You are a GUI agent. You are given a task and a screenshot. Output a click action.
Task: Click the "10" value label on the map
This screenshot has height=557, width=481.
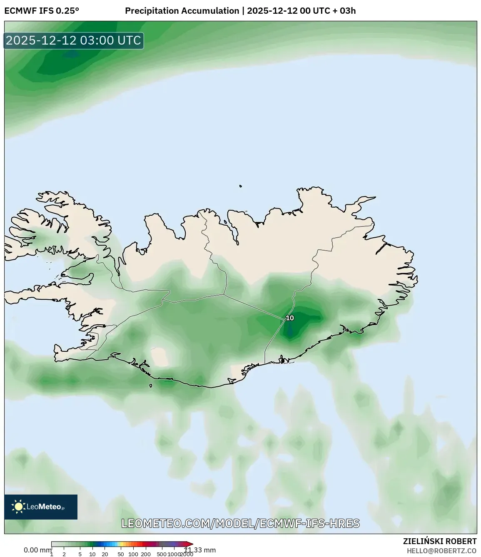click(x=290, y=318)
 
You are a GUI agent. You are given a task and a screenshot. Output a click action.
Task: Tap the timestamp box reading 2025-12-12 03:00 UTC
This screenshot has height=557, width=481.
click(x=74, y=40)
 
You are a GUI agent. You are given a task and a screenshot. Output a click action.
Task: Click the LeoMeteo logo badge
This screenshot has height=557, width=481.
click(x=41, y=507)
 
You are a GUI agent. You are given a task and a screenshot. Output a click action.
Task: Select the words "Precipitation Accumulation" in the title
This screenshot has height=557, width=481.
click(x=182, y=11)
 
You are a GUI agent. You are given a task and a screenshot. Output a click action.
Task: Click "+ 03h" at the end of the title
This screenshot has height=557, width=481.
click(x=344, y=11)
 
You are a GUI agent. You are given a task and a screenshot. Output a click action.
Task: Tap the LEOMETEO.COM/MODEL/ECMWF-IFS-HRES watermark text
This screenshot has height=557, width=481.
click(x=240, y=523)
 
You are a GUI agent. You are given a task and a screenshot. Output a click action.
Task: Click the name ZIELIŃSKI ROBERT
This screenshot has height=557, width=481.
click(x=439, y=541)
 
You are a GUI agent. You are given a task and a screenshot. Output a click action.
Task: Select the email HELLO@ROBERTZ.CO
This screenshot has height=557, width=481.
click(x=441, y=551)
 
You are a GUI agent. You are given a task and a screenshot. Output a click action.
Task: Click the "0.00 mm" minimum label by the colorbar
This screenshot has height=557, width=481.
click(x=37, y=550)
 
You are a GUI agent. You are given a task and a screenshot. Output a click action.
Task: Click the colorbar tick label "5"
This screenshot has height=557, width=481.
click(x=80, y=554)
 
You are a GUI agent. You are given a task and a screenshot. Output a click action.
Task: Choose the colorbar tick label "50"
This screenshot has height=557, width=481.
click(x=121, y=554)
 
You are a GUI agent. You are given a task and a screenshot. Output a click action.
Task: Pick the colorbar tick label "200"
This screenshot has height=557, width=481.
click(x=146, y=554)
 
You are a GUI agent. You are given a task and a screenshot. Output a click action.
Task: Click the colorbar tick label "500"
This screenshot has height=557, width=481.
click(x=162, y=554)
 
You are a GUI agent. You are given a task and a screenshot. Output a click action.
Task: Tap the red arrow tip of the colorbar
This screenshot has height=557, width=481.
click(x=190, y=544)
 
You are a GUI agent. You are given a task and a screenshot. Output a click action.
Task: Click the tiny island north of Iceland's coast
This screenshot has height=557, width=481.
click(x=241, y=186)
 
